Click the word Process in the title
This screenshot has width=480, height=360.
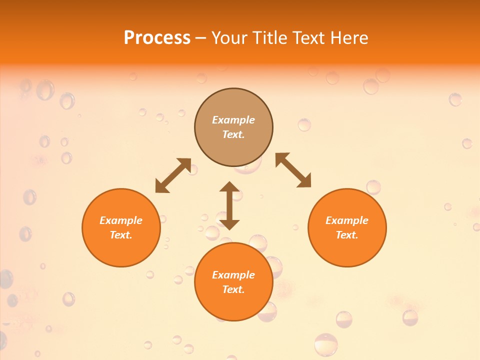[x=157, y=38]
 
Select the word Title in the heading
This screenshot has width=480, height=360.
[x=270, y=38]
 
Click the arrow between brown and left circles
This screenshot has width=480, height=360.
[x=173, y=175]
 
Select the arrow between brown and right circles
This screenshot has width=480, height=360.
[x=293, y=170]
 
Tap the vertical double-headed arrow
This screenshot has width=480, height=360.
[x=229, y=205]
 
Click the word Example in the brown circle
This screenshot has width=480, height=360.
[x=233, y=120]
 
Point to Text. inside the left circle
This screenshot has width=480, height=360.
[x=121, y=235]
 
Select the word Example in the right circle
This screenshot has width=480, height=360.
[x=347, y=220]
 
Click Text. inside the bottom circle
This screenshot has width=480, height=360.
[x=233, y=289]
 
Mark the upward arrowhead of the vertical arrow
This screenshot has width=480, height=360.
[x=229, y=187]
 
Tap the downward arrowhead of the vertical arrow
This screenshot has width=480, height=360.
[x=229, y=223]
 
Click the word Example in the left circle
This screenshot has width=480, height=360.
[x=121, y=220]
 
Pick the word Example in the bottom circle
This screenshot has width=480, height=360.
[x=233, y=275]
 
